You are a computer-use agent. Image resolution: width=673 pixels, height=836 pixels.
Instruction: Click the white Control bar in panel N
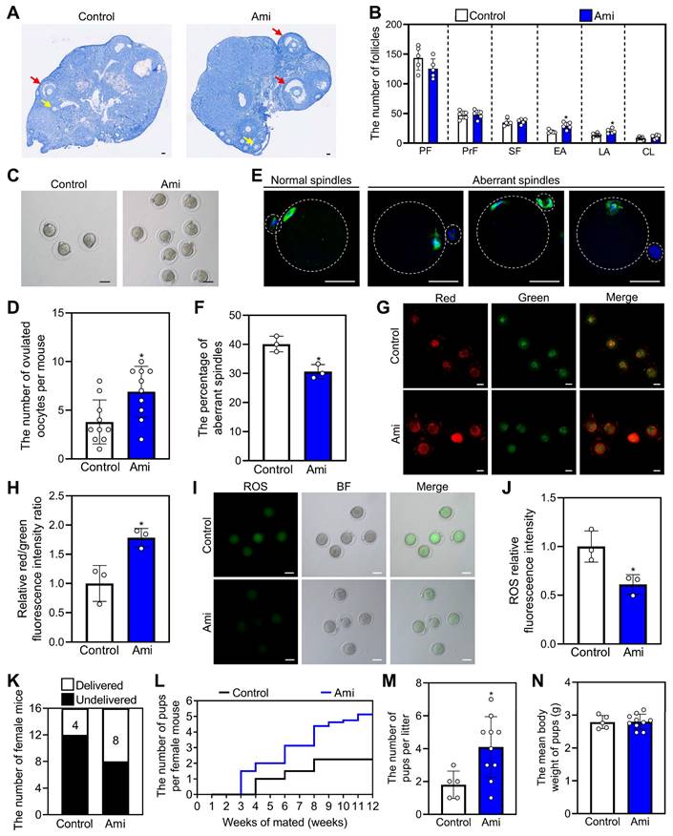coord(576,771)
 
